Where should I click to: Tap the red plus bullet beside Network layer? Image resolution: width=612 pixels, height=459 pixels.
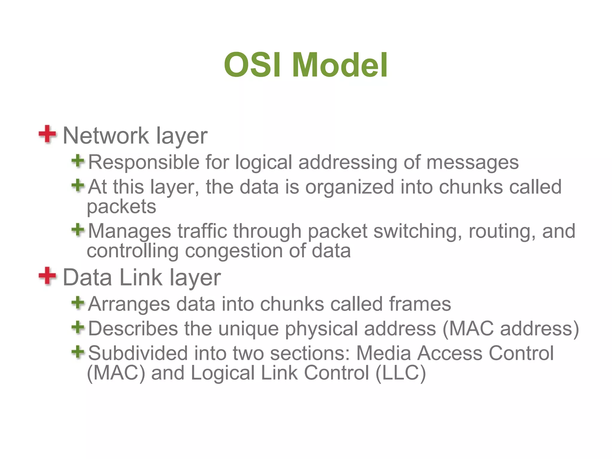tap(47, 134)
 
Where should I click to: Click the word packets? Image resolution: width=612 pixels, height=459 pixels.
tap(121, 207)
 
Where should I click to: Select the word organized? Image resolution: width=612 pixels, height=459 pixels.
tap(350, 187)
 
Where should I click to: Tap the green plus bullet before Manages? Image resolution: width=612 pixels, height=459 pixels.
tap(78, 230)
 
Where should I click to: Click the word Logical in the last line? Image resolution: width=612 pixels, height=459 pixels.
tap(223, 374)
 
